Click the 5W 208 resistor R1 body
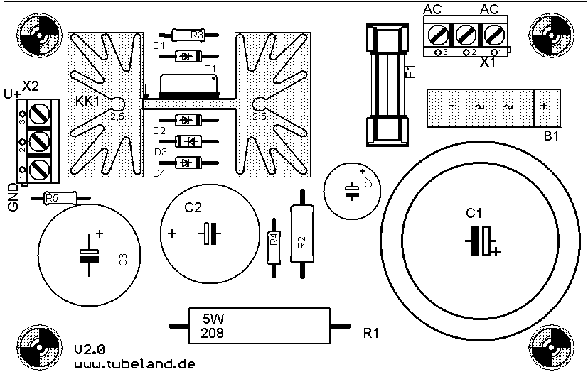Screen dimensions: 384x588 coord(259,326)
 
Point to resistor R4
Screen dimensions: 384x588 coord(273,240)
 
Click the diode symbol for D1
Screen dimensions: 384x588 coord(188,55)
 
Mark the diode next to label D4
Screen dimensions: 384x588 coord(187,163)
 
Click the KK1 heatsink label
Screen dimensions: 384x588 coord(88,102)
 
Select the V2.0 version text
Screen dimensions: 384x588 coord(90,349)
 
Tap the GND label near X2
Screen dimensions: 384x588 coord(13,196)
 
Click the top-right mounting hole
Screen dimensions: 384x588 coord(552,32)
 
